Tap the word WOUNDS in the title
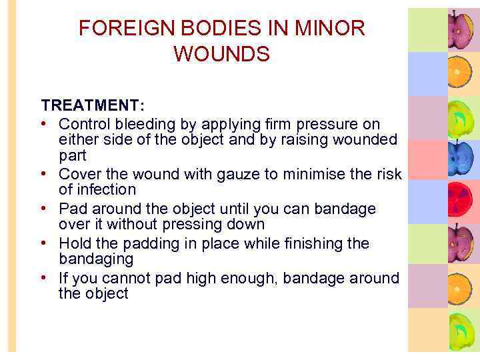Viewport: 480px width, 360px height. pyautogui.click(x=221, y=54)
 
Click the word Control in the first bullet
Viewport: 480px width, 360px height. pyautogui.click(x=83, y=124)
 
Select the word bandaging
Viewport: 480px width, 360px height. pyautogui.click(x=96, y=259)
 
